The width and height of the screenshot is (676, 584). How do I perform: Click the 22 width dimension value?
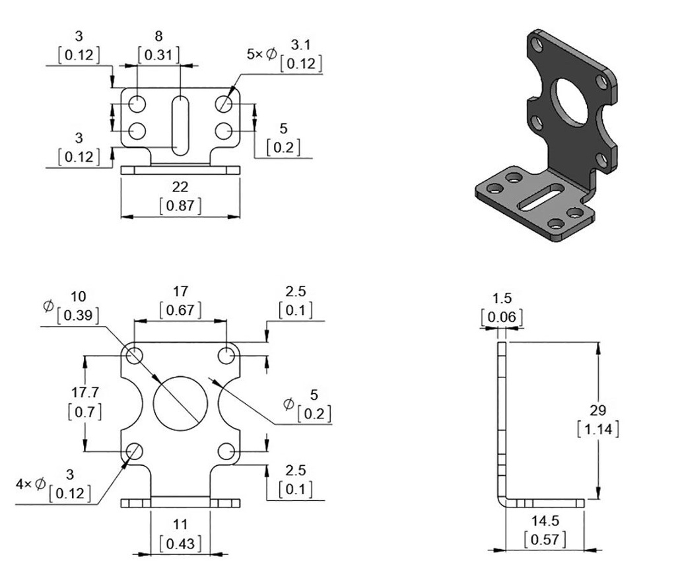[180, 188]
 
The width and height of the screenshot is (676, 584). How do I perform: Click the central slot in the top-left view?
[179, 125]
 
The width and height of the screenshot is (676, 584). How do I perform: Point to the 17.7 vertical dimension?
[84, 393]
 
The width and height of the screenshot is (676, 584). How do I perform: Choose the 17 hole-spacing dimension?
[180, 291]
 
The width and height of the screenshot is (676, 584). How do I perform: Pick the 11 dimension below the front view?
[180, 525]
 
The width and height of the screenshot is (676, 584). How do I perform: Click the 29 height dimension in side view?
[597, 410]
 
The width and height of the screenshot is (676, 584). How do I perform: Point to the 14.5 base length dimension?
[545, 521]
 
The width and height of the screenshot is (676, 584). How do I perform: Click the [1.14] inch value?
[597, 429]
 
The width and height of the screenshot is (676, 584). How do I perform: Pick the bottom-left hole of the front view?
[135, 451]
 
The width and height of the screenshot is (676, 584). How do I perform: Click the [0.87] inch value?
[180, 205]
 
